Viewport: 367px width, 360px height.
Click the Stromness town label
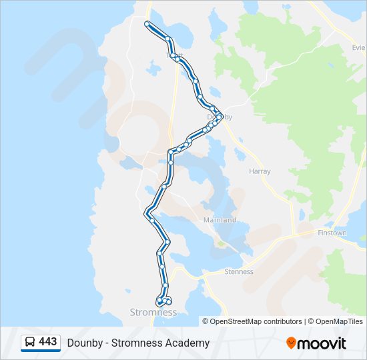pos(153,312)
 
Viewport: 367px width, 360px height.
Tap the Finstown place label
pos(332,233)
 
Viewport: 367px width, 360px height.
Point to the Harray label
pos(260,171)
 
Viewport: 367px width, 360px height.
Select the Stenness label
pos(239,271)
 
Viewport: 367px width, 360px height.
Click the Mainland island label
pos(220,220)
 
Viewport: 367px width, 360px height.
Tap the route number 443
pos(48,342)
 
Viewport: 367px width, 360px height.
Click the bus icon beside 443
pos(30,343)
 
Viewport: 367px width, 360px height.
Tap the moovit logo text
pos(322,343)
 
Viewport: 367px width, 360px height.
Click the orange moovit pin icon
pos(291,343)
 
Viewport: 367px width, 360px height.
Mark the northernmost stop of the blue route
pos(147,23)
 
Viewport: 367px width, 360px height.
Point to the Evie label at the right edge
pos(359,48)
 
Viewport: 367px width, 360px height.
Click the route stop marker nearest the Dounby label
pos(219,117)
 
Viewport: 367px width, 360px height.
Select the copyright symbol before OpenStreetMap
pos(206,321)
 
